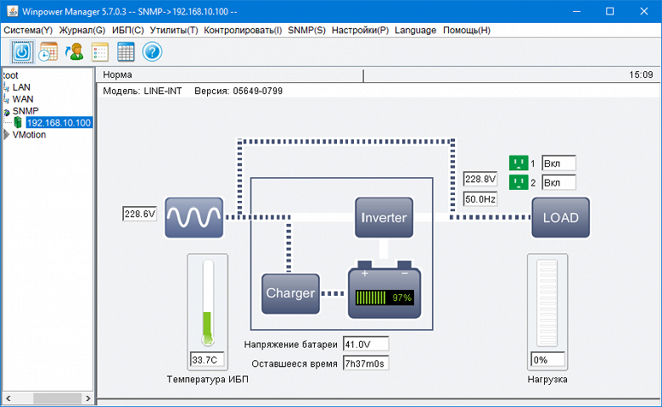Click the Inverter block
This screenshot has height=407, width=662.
[x=384, y=217]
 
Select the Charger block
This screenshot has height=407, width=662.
[x=290, y=293]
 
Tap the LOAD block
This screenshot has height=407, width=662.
[x=560, y=217]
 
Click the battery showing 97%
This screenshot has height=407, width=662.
[x=384, y=293]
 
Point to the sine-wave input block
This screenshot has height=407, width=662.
[x=194, y=217]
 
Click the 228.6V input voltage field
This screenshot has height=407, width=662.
[x=140, y=214]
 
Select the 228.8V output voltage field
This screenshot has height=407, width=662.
[x=480, y=180]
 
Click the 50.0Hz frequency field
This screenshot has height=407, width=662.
[x=480, y=198]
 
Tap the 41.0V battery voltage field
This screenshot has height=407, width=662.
[x=366, y=344]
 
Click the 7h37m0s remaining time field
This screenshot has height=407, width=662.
[x=366, y=364]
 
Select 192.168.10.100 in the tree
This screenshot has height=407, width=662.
[x=59, y=122]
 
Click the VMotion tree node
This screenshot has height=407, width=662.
[x=30, y=134]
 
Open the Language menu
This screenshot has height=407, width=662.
[x=416, y=30]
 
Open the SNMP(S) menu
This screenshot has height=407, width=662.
[x=306, y=30]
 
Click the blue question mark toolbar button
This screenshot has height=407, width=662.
[x=152, y=52]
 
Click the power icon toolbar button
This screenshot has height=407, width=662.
[x=22, y=52]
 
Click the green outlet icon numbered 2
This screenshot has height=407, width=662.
[x=518, y=182]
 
